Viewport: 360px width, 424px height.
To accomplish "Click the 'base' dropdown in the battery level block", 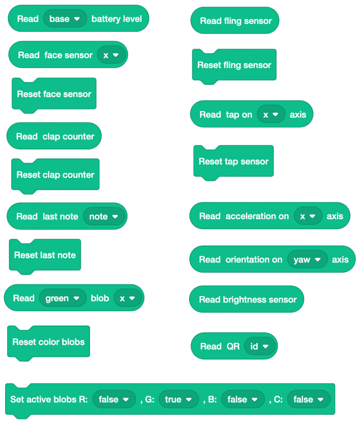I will pos(65,19).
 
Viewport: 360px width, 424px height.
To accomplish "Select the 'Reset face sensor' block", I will pos(54,94).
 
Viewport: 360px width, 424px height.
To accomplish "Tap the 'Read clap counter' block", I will pos(54,137).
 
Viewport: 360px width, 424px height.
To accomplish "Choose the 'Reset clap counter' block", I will pos(55,175).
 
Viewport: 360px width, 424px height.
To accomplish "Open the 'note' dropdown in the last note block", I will pos(104,216).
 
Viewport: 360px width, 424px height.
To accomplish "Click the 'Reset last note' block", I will pos(45,255).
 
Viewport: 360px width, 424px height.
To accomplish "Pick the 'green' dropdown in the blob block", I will pos(63,298).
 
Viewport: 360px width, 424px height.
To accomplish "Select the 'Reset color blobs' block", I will pos(48,342).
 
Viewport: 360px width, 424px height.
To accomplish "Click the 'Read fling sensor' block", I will pos(235,21).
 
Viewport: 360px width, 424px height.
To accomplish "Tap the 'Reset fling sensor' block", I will pos(234,65).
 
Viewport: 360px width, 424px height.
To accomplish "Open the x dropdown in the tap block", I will pos(271,114).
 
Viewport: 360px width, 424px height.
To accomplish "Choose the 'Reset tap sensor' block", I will pos(233,162).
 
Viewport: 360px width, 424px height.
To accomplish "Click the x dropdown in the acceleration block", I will pos(308,216).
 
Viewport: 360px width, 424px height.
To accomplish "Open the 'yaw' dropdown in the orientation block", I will pos(307,260).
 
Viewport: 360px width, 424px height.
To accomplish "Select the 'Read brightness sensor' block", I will pos(247,300).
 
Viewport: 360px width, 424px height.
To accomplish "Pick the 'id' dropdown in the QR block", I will pos(259,347).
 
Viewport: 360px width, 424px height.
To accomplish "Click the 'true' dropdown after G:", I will pos(179,400).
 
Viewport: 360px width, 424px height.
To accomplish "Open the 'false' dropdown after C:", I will pos(308,400).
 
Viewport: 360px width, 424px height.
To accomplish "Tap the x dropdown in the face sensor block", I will pos(111,55).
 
